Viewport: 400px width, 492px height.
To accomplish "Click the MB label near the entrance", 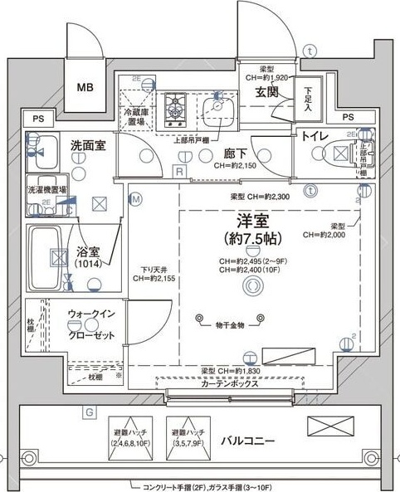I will [x=86, y=87].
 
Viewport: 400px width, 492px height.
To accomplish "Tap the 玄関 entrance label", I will [x=266, y=90].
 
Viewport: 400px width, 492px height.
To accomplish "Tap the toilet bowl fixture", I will [x=340, y=153].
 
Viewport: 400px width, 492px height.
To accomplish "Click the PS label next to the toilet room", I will [x=347, y=118].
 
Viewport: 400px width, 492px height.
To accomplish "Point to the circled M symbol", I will [x=136, y=199].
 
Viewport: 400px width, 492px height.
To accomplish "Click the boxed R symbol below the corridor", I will [x=178, y=170].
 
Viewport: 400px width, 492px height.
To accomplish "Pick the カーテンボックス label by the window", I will [x=229, y=383].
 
